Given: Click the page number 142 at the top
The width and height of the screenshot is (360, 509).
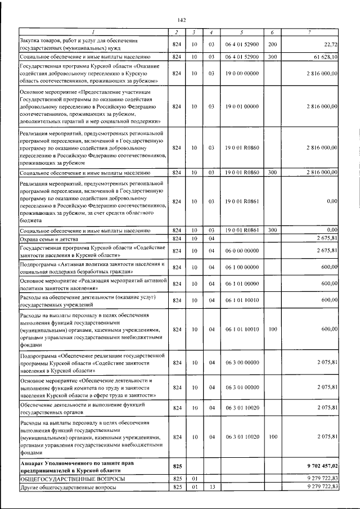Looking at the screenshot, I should pyautogui.click(x=181, y=19).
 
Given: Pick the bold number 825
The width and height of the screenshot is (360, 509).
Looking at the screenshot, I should pyautogui.click(x=178, y=466).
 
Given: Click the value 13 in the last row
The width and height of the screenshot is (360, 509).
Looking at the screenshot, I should pyautogui.click(x=211, y=488).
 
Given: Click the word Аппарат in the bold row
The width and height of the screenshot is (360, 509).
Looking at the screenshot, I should pyautogui.click(x=33, y=462).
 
